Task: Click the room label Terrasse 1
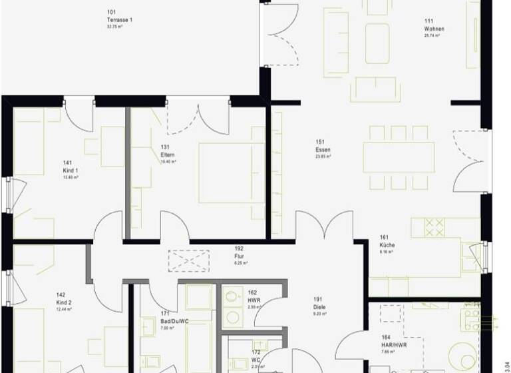120,20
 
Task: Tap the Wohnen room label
434,29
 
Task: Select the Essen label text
323,150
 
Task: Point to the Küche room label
387,245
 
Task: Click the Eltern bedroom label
168,155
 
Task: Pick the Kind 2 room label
65,302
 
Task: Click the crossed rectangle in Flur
188,258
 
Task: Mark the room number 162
252,292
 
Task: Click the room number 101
111,12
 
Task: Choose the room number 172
255,352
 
